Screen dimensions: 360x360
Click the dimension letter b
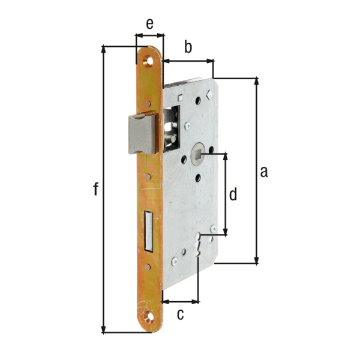coord(188,47)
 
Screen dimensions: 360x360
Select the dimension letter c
coord(179,314)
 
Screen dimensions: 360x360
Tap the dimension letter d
coord(234,194)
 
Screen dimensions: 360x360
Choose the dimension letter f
coord(95,190)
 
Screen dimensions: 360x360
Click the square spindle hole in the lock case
coord(196,154)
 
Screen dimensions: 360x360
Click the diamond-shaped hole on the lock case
coord(208,94)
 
